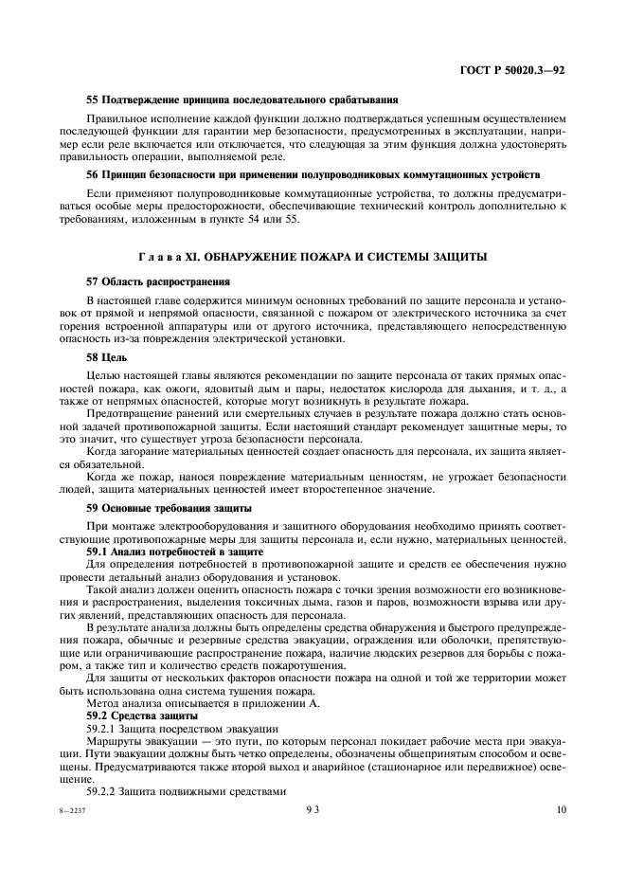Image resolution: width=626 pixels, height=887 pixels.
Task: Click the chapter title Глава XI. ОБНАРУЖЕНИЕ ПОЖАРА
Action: click(313, 259)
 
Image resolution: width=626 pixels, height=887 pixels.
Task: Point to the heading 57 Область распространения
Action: click(156, 282)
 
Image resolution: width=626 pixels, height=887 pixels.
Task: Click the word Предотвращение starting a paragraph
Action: click(133, 414)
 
